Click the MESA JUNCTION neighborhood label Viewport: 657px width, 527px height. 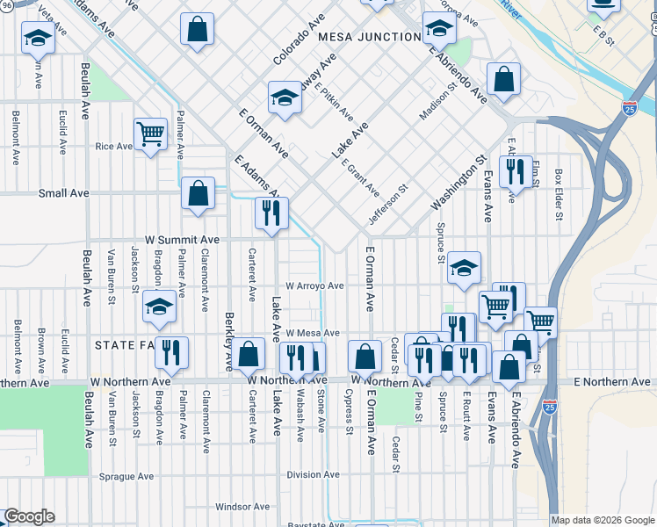click(x=369, y=37)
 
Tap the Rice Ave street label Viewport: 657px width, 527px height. click(x=113, y=147)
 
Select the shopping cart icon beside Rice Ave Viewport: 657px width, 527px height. click(x=151, y=135)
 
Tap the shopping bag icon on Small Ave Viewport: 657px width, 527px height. click(x=199, y=193)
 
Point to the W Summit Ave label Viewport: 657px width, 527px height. click(x=182, y=239)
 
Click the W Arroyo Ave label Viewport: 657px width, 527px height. click(x=314, y=285)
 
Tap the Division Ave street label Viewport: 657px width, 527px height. click(x=312, y=475)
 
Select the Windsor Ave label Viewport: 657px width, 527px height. click(x=235, y=507)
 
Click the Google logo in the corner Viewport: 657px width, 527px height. click(x=28, y=516)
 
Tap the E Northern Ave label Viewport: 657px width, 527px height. click(x=611, y=381)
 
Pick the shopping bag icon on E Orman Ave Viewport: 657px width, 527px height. click(x=365, y=357)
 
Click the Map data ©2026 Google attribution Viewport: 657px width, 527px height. click(x=603, y=520)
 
